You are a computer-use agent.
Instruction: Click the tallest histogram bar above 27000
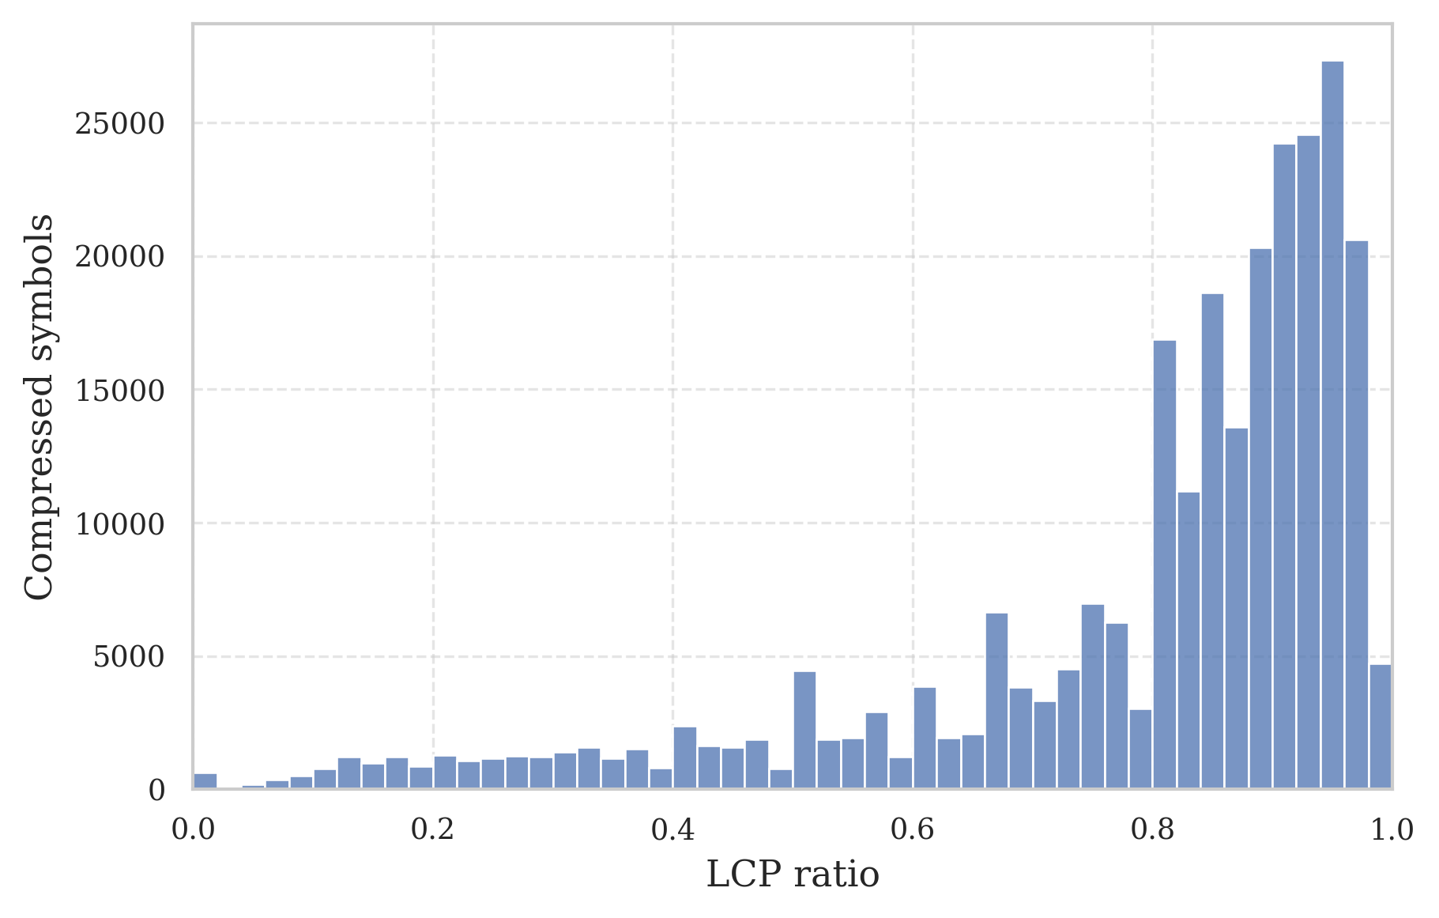1332,427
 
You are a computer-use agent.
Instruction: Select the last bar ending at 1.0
1380,727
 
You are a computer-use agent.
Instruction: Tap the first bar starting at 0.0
205,781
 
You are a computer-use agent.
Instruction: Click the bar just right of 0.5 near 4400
804,731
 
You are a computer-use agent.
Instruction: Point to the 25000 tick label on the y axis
119,124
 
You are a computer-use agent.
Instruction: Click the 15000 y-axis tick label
119,391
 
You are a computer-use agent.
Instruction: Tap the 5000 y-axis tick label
129,657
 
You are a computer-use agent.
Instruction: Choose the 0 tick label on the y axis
156,790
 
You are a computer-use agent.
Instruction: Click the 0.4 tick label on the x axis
672,829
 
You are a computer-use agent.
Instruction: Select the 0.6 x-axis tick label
913,829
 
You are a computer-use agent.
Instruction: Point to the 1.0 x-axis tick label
1391,829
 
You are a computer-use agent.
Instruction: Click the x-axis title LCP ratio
792,875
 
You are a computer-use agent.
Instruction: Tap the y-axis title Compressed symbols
40,407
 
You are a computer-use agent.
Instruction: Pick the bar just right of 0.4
684,757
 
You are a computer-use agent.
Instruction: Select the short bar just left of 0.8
1140,750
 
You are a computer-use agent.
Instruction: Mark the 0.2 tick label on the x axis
432,829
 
